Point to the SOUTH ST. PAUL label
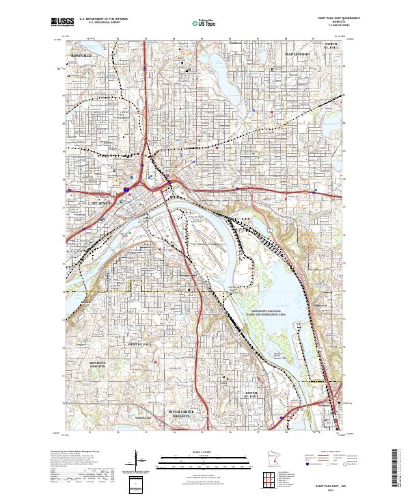tap(252, 395)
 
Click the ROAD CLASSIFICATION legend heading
tap(329, 452)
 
